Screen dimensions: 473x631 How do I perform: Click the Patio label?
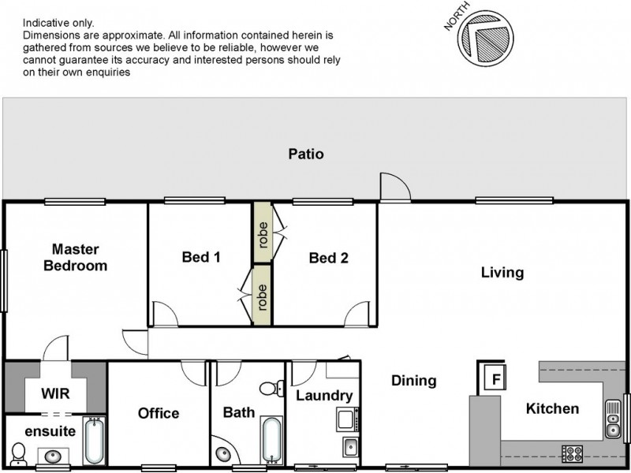(x=305, y=155)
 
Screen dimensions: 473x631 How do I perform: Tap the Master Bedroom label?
(x=75, y=257)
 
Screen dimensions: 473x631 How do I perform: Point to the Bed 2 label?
(x=329, y=257)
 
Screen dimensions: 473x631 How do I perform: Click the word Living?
(x=502, y=273)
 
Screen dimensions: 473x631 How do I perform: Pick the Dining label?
(x=414, y=381)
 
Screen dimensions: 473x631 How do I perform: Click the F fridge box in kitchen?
(x=495, y=378)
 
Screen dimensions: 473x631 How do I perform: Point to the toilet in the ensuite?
(x=20, y=453)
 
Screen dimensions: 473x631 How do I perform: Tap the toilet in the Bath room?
(x=271, y=387)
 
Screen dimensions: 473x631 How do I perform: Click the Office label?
(x=159, y=413)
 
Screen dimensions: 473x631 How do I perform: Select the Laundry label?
(x=323, y=396)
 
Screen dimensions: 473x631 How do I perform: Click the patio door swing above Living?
(x=394, y=187)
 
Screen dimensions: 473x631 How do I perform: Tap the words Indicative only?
(x=58, y=24)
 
